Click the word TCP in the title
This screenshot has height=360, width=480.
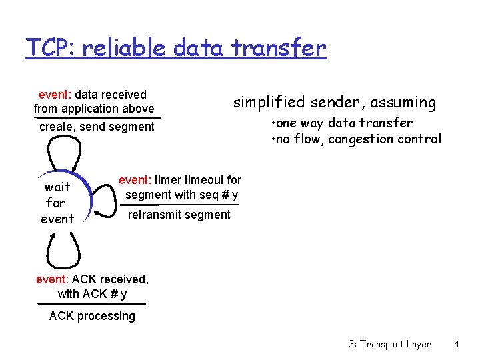[43, 48]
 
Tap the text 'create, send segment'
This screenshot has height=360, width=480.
[97, 127]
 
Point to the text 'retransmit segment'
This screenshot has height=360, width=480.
[179, 215]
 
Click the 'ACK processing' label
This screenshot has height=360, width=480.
[92, 316]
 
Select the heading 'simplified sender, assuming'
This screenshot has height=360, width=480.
[334, 102]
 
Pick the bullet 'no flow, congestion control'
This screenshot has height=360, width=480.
[356, 139]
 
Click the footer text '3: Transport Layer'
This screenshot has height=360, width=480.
[389, 344]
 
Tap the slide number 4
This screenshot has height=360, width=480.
[457, 344]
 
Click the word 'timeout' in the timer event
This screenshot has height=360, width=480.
[203, 180]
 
